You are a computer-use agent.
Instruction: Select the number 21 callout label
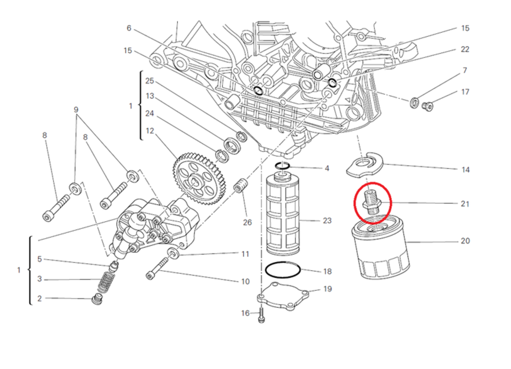(465, 204)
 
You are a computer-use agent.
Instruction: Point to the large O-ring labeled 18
(282, 270)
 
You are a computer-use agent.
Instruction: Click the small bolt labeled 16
(261, 317)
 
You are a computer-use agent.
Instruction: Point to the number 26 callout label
(247, 222)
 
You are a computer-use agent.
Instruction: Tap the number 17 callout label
(465, 92)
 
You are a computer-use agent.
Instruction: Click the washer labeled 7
(415, 102)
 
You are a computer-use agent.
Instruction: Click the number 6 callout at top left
(129, 28)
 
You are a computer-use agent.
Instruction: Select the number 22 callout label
(465, 49)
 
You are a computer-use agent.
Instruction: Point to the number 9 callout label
(76, 110)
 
